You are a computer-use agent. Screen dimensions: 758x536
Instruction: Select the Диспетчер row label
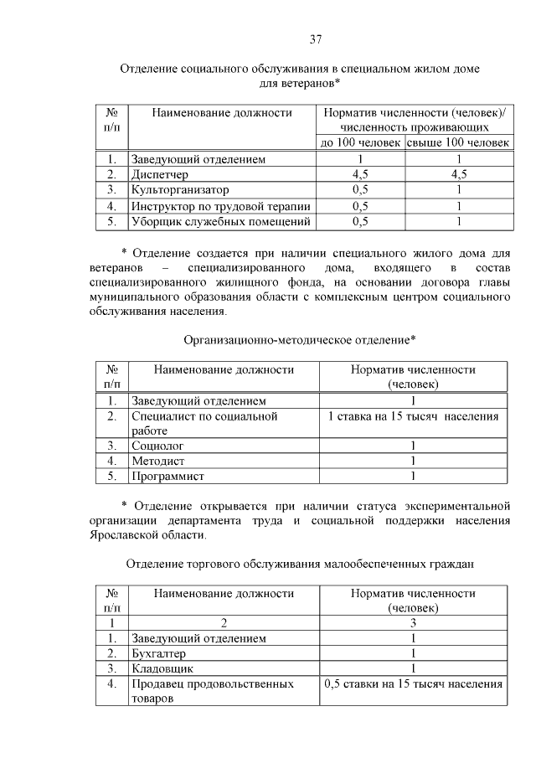pyautogui.click(x=160, y=174)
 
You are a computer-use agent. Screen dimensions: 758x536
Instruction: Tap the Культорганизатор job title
pyautogui.click(x=179, y=190)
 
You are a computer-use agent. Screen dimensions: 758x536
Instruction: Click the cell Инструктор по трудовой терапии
pyautogui.click(x=220, y=206)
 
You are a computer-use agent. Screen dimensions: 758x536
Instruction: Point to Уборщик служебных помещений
pyautogui.click(x=220, y=222)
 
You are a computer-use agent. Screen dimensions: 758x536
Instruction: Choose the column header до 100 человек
pyautogui.click(x=360, y=142)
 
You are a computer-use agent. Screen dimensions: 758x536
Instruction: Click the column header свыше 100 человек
pyautogui.click(x=457, y=142)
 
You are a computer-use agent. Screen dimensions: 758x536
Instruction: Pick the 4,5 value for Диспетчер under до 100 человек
pyautogui.click(x=360, y=174)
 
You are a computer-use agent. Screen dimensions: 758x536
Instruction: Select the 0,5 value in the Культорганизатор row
pyautogui.click(x=360, y=190)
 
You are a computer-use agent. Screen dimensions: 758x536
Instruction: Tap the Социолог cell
pyautogui.click(x=157, y=446)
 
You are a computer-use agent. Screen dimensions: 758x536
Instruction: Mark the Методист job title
pyautogui.click(x=158, y=462)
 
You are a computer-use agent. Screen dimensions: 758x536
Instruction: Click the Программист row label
pyautogui.click(x=167, y=477)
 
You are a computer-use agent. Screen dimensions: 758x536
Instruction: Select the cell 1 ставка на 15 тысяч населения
pyautogui.click(x=413, y=416)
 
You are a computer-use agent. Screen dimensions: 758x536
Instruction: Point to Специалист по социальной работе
pyautogui.click(x=204, y=423)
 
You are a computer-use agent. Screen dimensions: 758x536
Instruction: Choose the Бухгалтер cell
pyautogui.click(x=158, y=653)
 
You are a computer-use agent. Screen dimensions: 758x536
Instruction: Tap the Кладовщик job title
pyautogui.click(x=162, y=668)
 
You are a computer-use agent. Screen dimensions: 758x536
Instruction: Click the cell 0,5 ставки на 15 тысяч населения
pyautogui.click(x=413, y=684)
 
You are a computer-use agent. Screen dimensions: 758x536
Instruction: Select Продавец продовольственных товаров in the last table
pyautogui.click(x=212, y=692)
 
